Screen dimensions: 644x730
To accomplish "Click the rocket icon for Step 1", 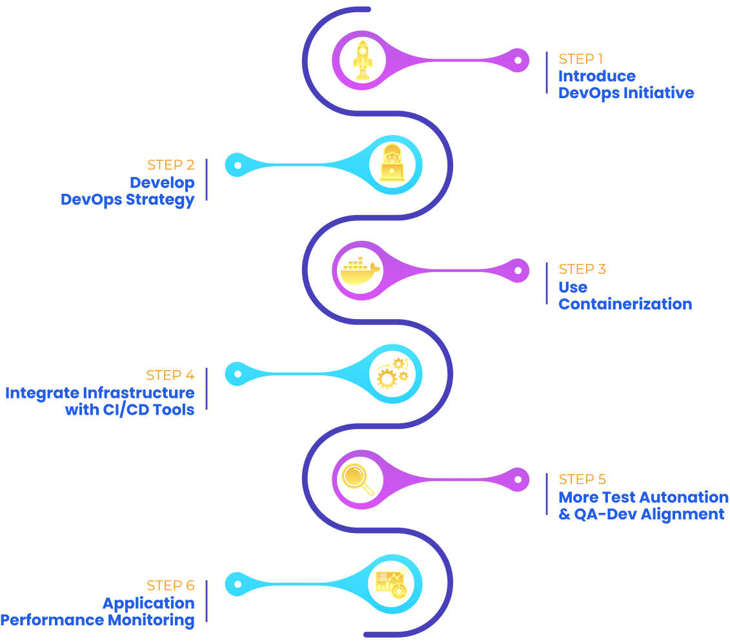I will point(362,60).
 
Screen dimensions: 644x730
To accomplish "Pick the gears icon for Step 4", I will point(392,374).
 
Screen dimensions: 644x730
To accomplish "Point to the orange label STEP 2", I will point(170,165).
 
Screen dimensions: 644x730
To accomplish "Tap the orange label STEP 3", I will point(582,269).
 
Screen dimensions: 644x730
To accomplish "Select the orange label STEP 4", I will point(170,375).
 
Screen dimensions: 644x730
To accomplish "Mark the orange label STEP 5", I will point(582,479).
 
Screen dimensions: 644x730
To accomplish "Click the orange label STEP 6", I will point(170,586).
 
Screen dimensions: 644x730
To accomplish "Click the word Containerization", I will point(625,304).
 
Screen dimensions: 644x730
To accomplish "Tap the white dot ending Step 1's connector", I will point(518,60).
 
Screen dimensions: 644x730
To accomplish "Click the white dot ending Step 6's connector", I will point(238,585).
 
